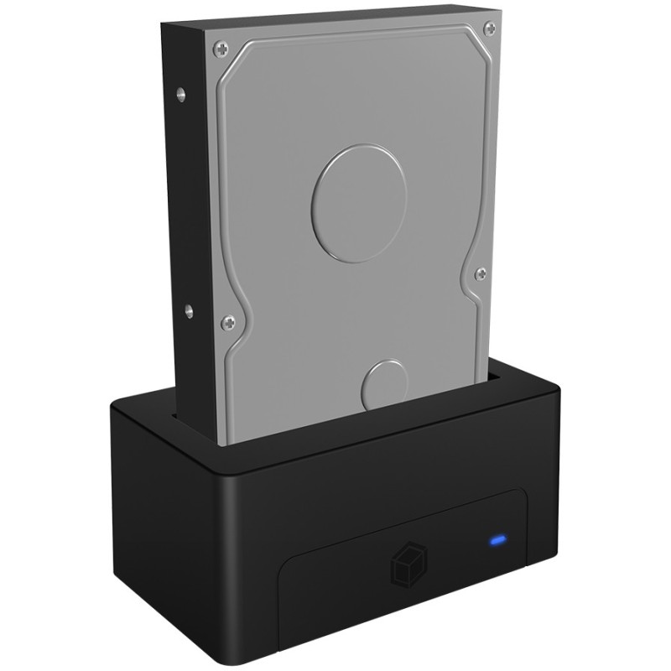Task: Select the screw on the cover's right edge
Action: [480, 273]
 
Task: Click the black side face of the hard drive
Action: [189, 210]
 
